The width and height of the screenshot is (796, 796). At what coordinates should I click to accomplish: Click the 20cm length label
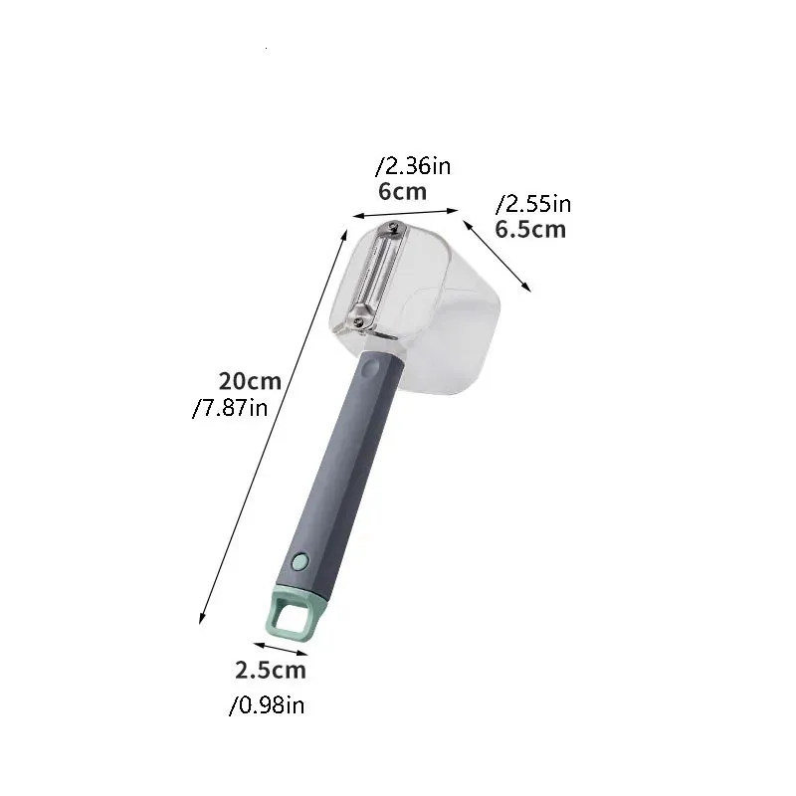250,381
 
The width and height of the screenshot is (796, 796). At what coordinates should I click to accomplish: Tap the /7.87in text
230,408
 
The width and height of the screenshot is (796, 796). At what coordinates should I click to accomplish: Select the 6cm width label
402,192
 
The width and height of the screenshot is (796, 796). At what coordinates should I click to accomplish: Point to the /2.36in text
413,166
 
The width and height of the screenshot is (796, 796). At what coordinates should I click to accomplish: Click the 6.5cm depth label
530,230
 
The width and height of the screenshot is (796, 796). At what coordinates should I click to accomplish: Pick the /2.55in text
533,204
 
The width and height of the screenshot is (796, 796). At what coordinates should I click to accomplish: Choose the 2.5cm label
271,670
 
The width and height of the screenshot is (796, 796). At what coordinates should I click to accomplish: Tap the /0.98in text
267,705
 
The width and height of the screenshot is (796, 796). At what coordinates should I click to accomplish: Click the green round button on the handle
300,561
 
